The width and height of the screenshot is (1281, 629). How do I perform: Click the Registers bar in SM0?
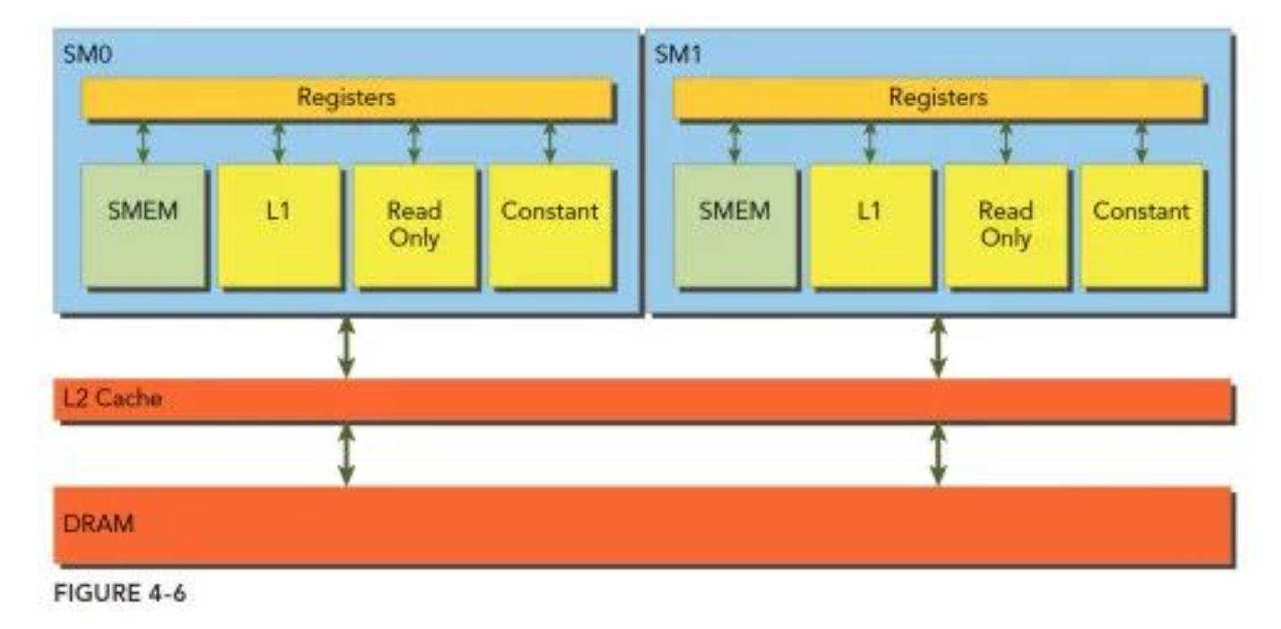pos(347,98)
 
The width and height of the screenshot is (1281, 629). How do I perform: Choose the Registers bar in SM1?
pos(937,98)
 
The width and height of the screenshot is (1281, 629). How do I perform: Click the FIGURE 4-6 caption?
pos(120,593)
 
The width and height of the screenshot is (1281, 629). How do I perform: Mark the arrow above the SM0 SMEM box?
pos(142,142)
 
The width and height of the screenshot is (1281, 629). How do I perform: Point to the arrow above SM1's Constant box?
pos(1140,142)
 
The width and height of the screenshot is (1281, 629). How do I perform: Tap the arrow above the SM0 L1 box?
pos(279,142)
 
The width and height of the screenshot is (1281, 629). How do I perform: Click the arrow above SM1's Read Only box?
pos(1005,142)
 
